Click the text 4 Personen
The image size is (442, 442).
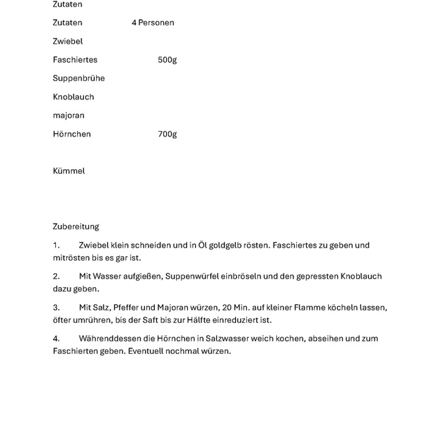click(x=153, y=23)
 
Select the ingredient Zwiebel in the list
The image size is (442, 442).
click(x=68, y=41)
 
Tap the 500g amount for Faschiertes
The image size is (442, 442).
click(x=167, y=60)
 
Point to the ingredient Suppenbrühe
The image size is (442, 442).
click(x=79, y=78)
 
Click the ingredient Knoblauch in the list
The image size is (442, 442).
click(x=73, y=97)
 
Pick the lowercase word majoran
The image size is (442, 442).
click(x=68, y=116)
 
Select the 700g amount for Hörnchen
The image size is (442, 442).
click(x=167, y=134)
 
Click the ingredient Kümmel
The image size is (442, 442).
click(x=68, y=171)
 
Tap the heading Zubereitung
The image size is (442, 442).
click(x=76, y=227)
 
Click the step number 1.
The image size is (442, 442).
click(x=56, y=245)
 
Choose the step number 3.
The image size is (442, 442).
click(x=56, y=307)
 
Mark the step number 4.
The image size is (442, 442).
click(x=56, y=338)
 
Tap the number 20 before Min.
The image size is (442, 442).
click(x=227, y=307)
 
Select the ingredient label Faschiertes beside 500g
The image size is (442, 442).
click(x=75, y=60)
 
